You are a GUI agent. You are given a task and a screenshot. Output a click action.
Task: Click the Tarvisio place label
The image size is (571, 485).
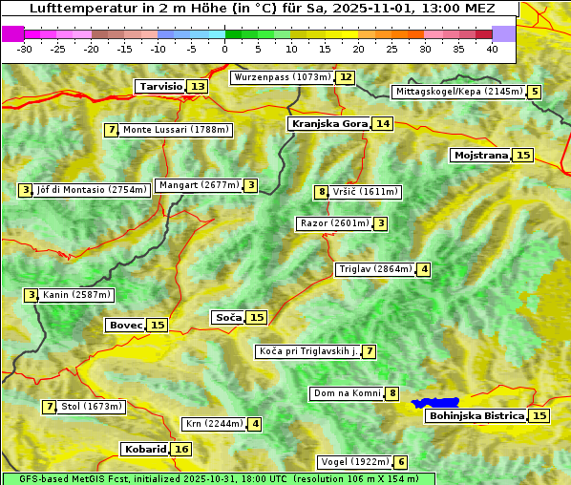pos(160,86)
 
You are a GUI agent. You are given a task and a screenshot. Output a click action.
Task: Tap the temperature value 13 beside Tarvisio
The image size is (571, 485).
pos(198,87)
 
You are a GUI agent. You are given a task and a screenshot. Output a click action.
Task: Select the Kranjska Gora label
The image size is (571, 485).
pos(328,123)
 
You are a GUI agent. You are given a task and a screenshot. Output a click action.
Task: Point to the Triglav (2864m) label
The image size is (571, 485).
pos(375,269)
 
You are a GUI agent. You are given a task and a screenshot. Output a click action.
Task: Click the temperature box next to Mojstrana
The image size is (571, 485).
pos(522,155)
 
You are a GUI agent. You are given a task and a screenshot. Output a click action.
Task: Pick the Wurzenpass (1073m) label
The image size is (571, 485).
pos(283,77)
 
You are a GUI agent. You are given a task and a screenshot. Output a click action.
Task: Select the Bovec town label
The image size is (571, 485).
pos(125,325)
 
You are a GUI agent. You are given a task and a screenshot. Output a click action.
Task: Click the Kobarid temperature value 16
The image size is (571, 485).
pos(181,449)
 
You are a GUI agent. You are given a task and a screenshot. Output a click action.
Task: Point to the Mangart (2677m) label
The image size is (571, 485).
pos(199,185)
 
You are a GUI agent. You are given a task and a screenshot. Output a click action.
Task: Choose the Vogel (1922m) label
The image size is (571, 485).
pos(353,462)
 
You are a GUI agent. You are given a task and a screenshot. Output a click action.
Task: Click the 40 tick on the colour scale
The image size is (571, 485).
pos(492,49)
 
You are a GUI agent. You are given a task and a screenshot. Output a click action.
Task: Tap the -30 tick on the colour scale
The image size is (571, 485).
pos(25,49)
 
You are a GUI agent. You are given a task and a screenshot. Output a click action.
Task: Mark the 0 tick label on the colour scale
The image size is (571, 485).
pos(224,49)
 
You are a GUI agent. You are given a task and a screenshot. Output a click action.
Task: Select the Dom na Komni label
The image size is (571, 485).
pos(348,393)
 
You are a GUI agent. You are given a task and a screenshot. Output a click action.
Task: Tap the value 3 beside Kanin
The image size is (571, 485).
pos(32,295)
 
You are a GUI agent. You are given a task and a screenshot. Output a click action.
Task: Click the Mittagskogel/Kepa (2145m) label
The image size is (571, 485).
pos(459,92)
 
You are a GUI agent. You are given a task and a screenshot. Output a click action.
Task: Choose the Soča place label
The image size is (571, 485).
pos(228,317)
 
